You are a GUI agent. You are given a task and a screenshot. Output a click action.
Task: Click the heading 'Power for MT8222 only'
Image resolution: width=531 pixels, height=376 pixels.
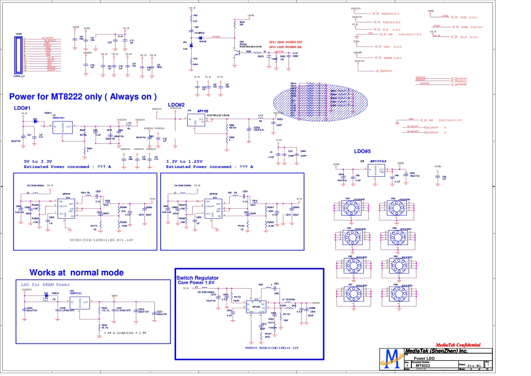(x=83, y=96)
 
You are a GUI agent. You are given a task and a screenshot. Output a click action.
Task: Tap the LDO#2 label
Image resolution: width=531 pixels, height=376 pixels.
(x=176, y=105)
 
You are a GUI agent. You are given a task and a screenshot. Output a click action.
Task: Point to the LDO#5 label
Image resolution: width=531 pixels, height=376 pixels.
(x=362, y=152)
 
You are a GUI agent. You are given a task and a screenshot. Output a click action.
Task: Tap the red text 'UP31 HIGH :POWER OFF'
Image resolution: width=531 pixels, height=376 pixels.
(x=286, y=43)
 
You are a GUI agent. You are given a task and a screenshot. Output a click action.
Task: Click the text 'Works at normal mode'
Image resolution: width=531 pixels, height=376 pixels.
(x=77, y=272)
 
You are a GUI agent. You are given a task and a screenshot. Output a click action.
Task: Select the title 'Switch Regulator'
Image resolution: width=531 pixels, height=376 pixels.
(x=197, y=278)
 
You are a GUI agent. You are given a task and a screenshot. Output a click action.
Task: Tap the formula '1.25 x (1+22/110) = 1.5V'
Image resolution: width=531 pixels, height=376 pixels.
(x=125, y=332)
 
